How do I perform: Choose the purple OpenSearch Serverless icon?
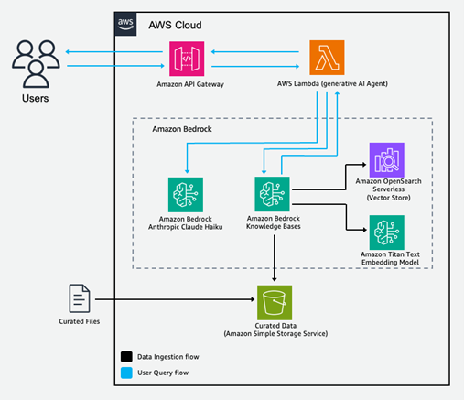click(384, 160)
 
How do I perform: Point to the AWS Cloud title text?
click(175, 25)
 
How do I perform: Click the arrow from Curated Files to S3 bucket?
click(174, 300)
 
